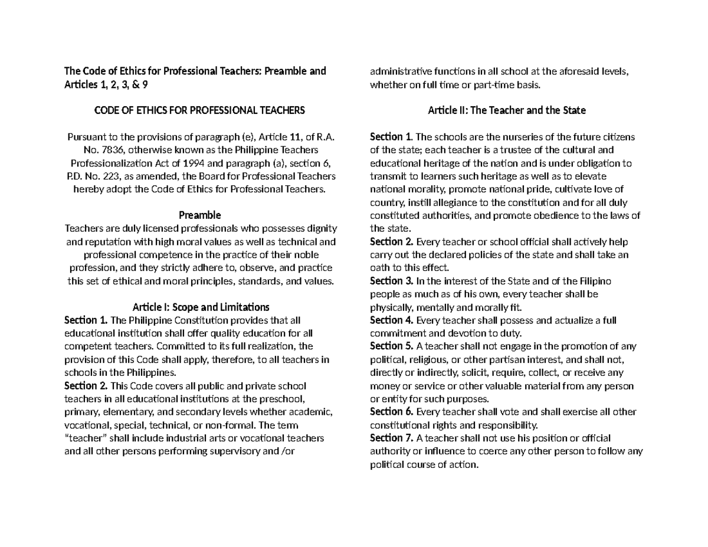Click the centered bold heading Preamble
point(201,215)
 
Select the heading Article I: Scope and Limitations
point(201,307)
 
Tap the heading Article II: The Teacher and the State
point(506,110)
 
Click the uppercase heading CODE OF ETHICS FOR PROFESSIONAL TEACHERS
point(201,110)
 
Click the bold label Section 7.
point(391,438)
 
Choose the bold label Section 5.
point(391,346)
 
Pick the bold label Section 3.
point(391,281)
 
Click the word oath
point(380,268)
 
